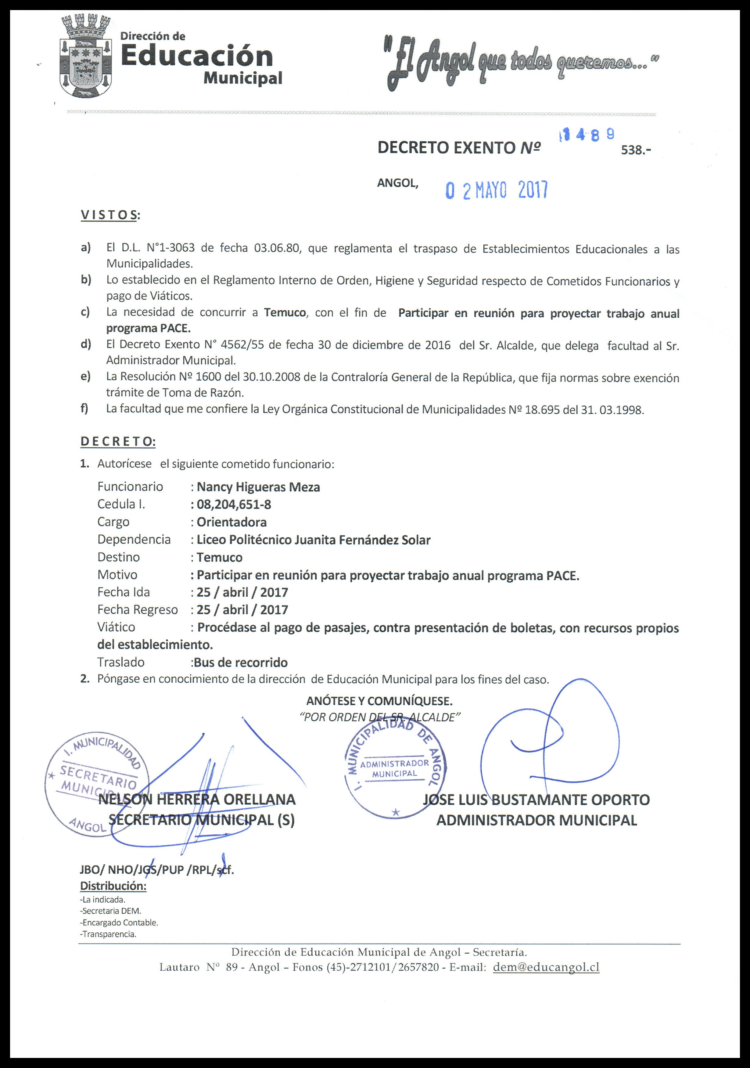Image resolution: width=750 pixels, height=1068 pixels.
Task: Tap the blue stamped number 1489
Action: (x=587, y=135)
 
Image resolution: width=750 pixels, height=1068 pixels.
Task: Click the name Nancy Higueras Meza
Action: (x=259, y=487)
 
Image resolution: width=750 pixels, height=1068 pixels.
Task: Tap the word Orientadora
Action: (x=231, y=522)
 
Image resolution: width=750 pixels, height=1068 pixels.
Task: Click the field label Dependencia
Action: (x=134, y=540)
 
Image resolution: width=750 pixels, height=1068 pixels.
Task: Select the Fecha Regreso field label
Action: (x=137, y=610)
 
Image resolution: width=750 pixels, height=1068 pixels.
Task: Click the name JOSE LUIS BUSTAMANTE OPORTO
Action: (x=536, y=800)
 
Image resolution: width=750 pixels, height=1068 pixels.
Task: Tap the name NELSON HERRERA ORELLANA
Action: (x=197, y=799)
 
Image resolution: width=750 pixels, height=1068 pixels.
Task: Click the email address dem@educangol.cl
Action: (x=546, y=967)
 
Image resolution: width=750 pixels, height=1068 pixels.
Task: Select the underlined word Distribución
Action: (x=113, y=886)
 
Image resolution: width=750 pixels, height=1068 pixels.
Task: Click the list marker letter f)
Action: (x=84, y=409)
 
